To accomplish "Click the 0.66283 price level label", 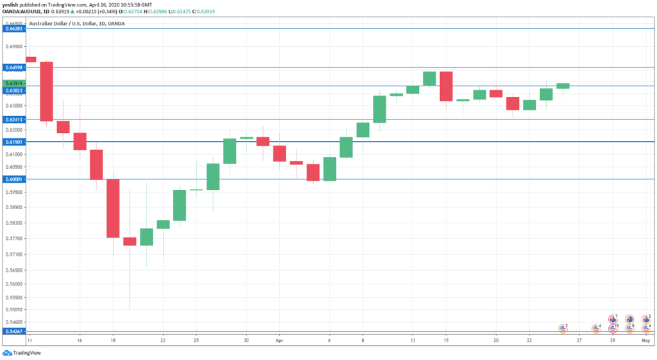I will [x=13, y=29].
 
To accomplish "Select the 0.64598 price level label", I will [x=13, y=67].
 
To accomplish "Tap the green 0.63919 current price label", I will [x=13, y=83].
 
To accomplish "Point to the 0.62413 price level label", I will [x=13, y=120].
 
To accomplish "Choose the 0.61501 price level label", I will [x=13, y=142].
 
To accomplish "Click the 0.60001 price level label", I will [x=13, y=180].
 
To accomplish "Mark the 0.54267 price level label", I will [x=13, y=332].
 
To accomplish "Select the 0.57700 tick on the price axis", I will [x=13, y=238].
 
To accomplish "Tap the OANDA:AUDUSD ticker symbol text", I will [x=22, y=11].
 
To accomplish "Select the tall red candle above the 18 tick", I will [x=113, y=208].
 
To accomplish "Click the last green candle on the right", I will [x=563, y=85].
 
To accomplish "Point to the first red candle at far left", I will [x=30, y=59].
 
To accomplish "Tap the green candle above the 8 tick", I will [x=363, y=130].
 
